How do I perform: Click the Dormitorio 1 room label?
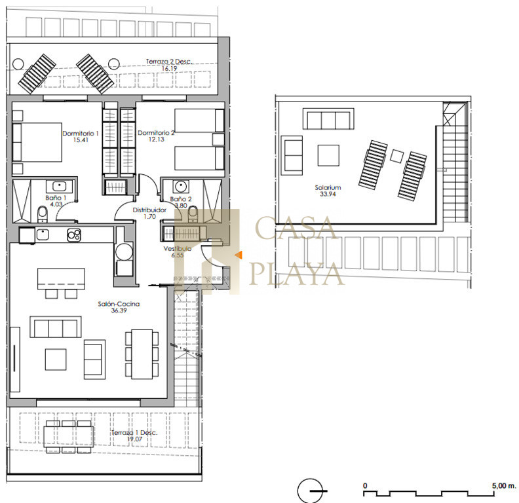[x=81, y=134]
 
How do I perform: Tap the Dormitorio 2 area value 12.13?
[x=156, y=140]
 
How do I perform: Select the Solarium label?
[x=328, y=187]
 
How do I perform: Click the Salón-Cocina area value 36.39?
[x=119, y=310]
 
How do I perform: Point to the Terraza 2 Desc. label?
[x=169, y=62]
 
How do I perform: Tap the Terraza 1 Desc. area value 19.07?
[x=135, y=439]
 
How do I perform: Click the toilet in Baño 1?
[x=43, y=214]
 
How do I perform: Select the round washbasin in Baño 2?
[x=181, y=186]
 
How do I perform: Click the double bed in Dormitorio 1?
[x=37, y=142]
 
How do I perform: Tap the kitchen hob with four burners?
[x=74, y=235]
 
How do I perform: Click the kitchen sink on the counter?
[x=43, y=234]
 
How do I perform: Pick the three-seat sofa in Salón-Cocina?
[x=56, y=327]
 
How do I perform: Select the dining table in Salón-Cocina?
[x=142, y=354]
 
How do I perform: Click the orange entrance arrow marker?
[x=239, y=255]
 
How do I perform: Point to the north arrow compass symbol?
[x=311, y=491]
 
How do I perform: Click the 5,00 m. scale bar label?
[x=504, y=486]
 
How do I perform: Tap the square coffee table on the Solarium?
[x=328, y=155]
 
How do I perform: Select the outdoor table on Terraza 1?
[x=69, y=437]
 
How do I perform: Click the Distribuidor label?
[x=149, y=210]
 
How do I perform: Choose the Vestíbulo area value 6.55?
[x=178, y=255]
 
